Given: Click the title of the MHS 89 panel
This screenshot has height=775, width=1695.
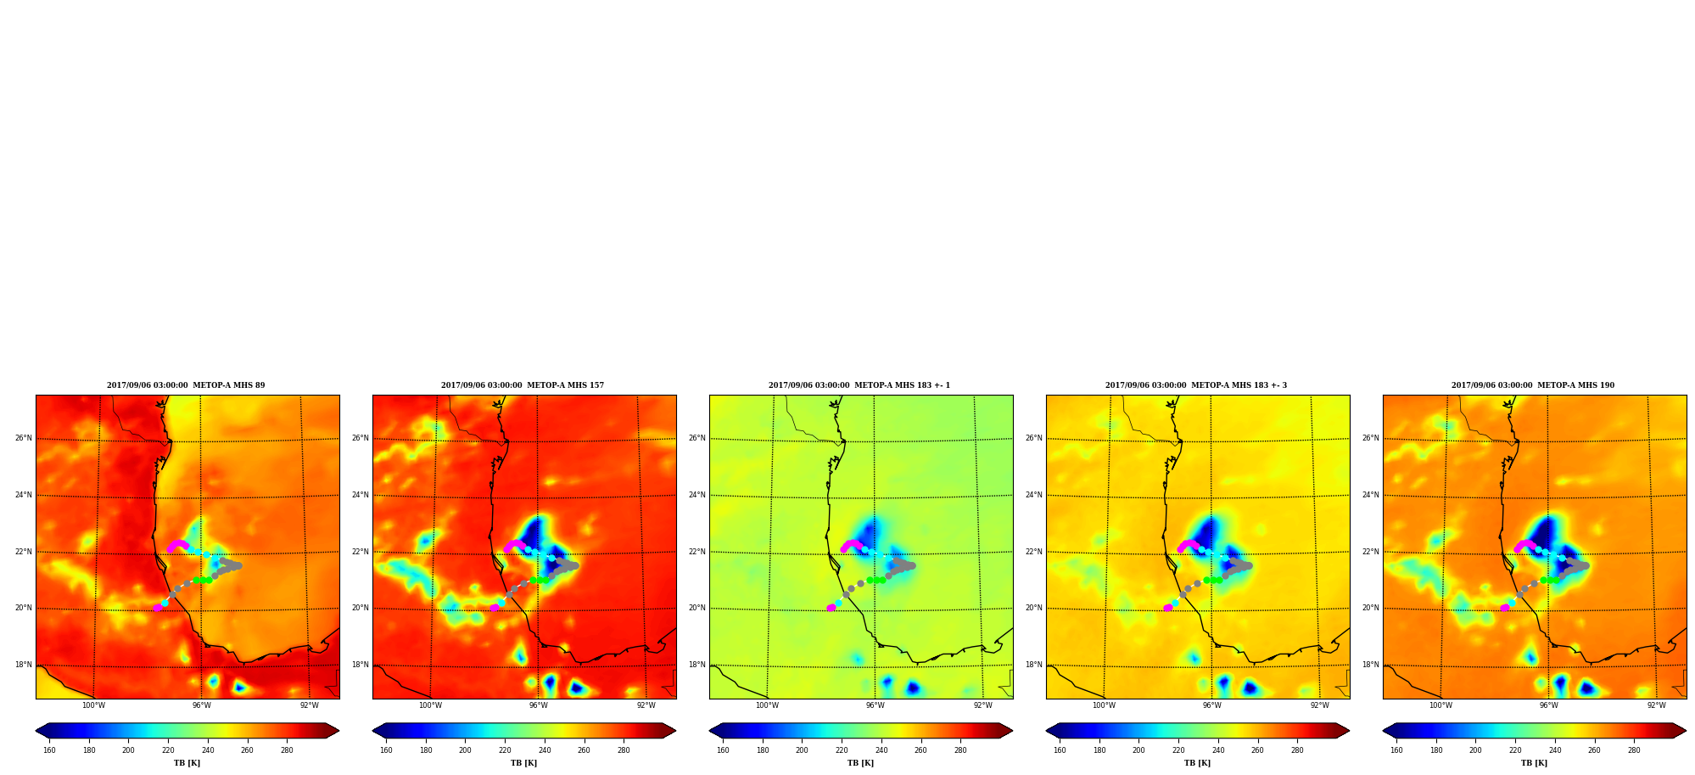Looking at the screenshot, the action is pyautogui.click(x=186, y=385).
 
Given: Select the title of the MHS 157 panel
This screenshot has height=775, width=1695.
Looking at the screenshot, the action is pyautogui.click(x=523, y=385).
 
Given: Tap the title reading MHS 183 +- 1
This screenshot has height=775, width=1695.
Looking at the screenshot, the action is pyautogui.click(x=859, y=385).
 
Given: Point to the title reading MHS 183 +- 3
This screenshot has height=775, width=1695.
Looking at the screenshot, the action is pyautogui.click(x=1196, y=385).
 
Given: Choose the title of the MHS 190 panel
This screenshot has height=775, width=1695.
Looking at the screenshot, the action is pyautogui.click(x=1533, y=385).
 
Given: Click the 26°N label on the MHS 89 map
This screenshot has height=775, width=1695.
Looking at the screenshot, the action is pyautogui.click(x=23, y=438).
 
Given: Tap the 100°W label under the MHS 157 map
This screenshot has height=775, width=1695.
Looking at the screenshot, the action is pyautogui.click(x=430, y=705).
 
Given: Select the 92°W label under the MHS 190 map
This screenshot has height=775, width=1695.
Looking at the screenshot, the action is pyautogui.click(x=1657, y=705).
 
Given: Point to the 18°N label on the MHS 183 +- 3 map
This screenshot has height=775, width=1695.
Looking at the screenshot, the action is pyautogui.click(x=1033, y=665).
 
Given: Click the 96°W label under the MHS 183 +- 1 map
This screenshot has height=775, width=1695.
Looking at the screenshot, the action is pyautogui.click(x=875, y=705).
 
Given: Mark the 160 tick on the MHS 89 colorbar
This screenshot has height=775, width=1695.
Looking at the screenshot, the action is pyautogui.click(x=49, y=750).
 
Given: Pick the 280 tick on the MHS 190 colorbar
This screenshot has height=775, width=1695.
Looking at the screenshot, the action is pyautogui.click(x=1634, y=750).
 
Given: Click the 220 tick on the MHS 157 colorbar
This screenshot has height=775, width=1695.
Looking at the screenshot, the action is pyautogui.click(x=505, y=750).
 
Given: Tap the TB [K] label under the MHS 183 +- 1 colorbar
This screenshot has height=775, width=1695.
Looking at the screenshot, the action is pyautogui.click(x=860, y=763).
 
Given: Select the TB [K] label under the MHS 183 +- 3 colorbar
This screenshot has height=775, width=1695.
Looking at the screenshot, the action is pyautogui.click(x=1197, y=763).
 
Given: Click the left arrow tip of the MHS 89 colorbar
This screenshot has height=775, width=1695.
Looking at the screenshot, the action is pyautogui.click(x=36, y=731).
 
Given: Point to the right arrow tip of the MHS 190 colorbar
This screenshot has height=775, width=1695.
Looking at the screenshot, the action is pyautogui.click(x=1686, y=731).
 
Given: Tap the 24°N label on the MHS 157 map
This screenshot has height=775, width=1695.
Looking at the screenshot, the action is pyautogui.click(x=360, y=495).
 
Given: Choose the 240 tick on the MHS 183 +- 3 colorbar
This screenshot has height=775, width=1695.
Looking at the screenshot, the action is pyautogui.click(x=1218, y=750).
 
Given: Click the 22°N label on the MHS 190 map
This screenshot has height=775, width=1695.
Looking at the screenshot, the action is pyautogui.click(x=1370, y=552).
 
